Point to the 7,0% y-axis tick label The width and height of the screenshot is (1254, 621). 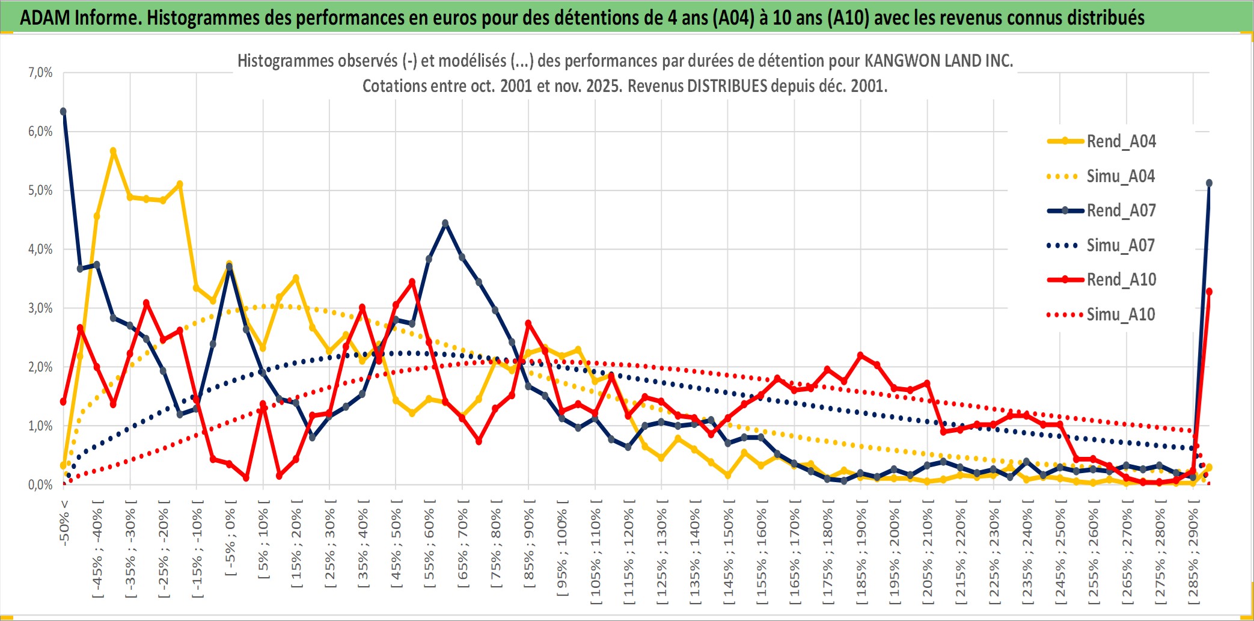[x=40, y=73]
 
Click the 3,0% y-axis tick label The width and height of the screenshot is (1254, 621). [x=40, y=308]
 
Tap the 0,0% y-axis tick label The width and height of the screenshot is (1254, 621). [x=40, y=485]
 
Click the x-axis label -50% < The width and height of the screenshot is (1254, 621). [x=64, y=522]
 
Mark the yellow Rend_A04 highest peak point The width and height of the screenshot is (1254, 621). [x=113, y=151]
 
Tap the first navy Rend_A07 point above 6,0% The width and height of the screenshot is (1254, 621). [x=63, y=111]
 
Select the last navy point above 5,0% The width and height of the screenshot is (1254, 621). [x=1209, y=183]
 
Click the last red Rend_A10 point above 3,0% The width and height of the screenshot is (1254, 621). [x=1209, y=292]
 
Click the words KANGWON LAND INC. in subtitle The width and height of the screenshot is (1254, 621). [x=938, y=61]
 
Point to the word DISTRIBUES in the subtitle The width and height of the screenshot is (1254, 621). [x=727, y=86]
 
